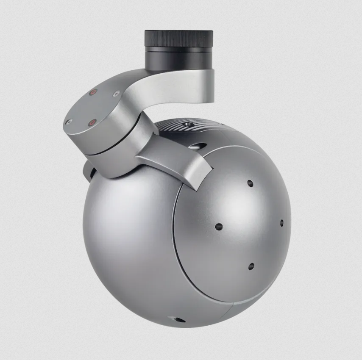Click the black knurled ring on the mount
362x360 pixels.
178,39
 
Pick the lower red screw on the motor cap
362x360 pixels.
91,123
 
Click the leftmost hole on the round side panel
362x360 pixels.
219,227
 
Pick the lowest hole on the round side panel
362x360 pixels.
251,266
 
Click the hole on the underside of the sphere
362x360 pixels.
178,320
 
